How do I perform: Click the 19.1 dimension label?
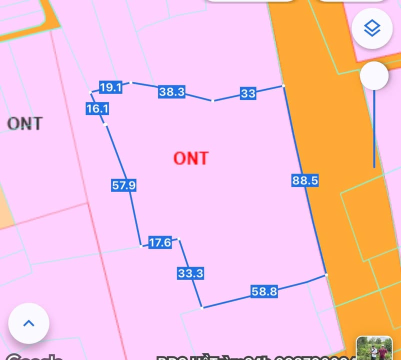110,87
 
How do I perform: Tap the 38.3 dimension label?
171,91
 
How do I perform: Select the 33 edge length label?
248,93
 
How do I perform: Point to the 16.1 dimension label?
97,108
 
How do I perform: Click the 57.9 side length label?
124,185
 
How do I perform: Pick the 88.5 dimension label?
305,180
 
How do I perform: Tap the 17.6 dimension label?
160,243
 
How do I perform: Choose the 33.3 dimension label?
190,273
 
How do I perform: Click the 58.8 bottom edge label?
264,291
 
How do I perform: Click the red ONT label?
190,158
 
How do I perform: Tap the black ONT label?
25,123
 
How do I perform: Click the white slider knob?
374,76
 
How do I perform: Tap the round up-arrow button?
29,323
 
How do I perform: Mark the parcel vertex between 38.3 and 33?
212,100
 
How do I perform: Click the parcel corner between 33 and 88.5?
283,86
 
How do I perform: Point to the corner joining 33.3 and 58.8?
202,307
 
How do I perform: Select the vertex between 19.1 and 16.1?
90,92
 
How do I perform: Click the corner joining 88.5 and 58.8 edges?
326,274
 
